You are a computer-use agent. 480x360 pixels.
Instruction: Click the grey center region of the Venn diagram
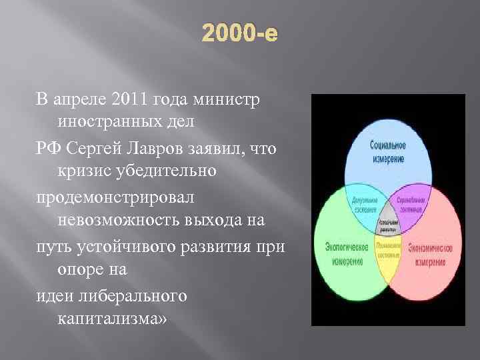coord(387,225)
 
